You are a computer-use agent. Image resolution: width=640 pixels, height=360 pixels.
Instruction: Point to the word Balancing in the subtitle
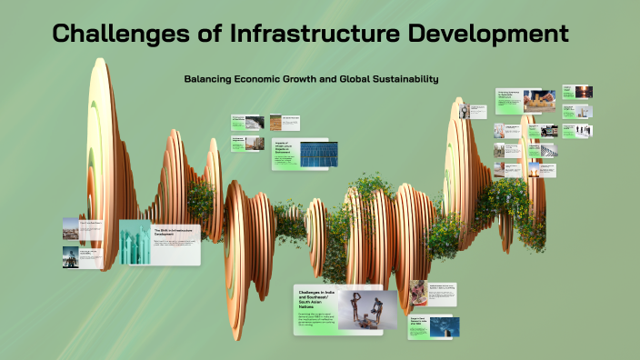pos(207,79)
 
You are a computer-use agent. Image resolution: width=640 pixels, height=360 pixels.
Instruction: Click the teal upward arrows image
pos(135,242)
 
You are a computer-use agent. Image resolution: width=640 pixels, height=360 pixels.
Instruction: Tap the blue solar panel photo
pos(319,155)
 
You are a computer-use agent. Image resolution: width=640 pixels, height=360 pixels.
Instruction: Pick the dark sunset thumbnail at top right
pos(583,92)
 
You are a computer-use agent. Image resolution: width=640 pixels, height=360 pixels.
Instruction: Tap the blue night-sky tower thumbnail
pos(448,326)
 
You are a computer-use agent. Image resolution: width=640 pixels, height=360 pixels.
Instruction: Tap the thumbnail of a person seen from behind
pos(70,257)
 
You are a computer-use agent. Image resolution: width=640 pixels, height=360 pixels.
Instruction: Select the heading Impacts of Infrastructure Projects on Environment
pos(285,150)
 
